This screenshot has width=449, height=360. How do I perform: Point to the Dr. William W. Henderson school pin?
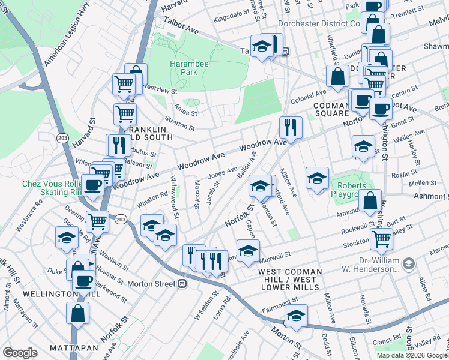pyautogui.click(x=408, y=264)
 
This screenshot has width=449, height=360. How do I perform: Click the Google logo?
pyautogui.click(x=20, y=353)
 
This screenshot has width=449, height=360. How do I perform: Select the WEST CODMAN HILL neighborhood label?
pyautogui.click(x=291, y=272)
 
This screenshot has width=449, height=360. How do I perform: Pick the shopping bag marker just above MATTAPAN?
pyautogui.click(x=78, y=313)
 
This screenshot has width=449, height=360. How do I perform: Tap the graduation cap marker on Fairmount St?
pyautogui.click(x=296, y=315)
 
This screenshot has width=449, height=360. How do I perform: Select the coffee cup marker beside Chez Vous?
pyautogui.click(x=92, y=184)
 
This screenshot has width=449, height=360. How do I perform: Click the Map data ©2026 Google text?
pyautogui.click(x=411, y=355)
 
